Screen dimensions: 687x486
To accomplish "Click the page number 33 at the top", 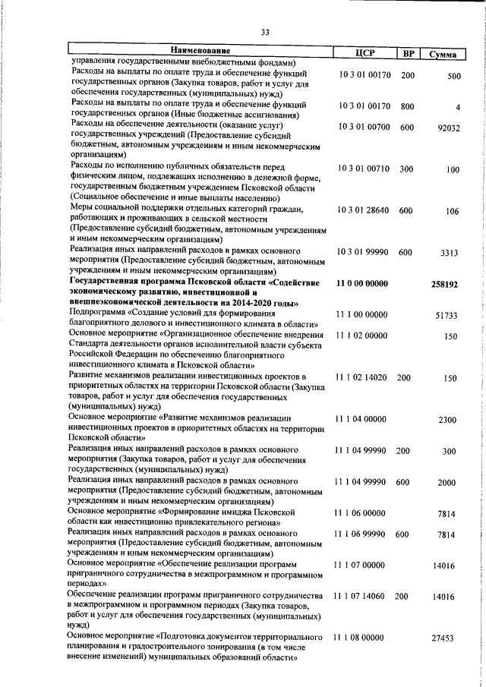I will pos(265,32).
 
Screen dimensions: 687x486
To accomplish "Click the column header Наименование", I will pos(200,52).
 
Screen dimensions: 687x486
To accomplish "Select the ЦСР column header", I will pos(365,53).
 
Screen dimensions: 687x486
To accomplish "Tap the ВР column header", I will pos(408,53).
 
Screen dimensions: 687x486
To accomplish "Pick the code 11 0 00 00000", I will pos(361,282).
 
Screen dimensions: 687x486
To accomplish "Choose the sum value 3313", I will pos(451,253).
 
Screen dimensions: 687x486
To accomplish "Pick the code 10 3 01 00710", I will pos(364,170).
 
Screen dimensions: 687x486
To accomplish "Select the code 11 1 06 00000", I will pos(360,514).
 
